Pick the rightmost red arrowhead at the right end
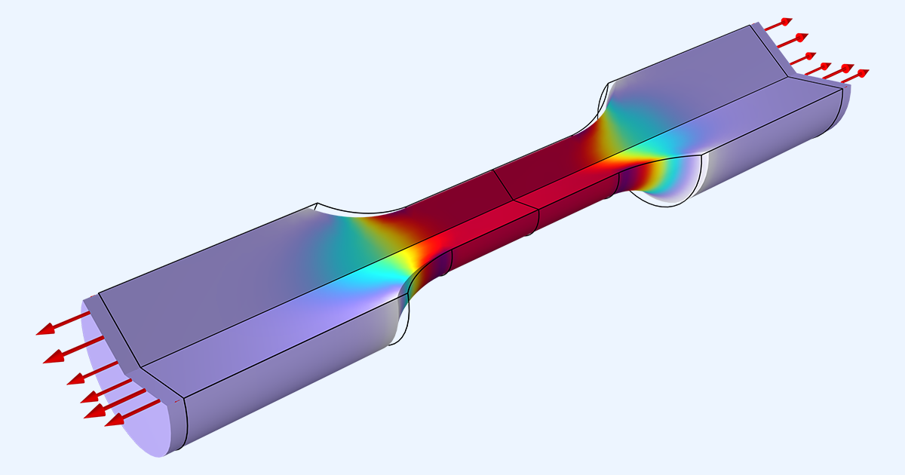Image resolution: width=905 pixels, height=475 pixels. (x=863, y=73)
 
